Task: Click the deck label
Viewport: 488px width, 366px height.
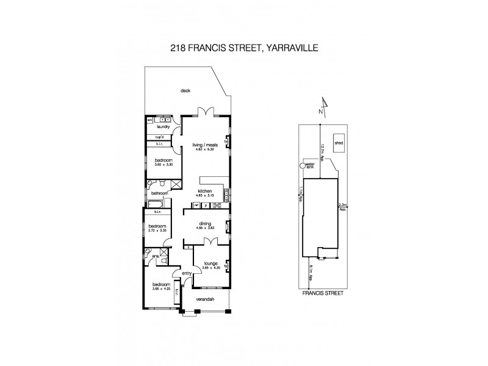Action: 186,91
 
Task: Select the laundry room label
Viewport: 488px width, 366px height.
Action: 162,127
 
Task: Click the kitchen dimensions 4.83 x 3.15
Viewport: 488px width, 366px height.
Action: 206,195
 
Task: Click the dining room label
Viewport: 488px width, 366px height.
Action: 205,224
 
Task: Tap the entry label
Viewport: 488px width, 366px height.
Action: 187,273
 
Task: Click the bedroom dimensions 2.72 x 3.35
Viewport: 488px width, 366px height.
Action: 157,231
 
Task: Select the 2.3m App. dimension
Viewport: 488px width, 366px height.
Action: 342,207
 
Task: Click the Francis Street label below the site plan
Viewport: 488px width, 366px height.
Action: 323,293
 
